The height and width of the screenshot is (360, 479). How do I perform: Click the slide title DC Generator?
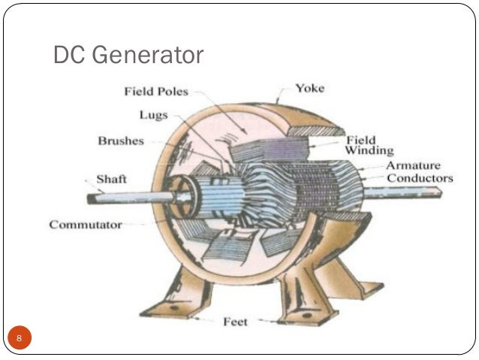pos(128,55)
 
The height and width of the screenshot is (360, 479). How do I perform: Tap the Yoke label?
pos(309,89)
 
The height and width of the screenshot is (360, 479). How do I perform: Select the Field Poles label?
pos(156,92)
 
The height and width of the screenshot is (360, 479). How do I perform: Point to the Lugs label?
pos(153,116)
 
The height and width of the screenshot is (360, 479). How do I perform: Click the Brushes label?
pos(120,141)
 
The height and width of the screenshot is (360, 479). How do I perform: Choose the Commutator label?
pos(86,225)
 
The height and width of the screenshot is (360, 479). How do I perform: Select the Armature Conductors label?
pos(419,172)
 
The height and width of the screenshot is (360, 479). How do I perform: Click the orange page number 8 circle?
pos(20,338)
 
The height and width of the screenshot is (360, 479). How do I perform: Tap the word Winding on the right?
pos(369,150)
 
